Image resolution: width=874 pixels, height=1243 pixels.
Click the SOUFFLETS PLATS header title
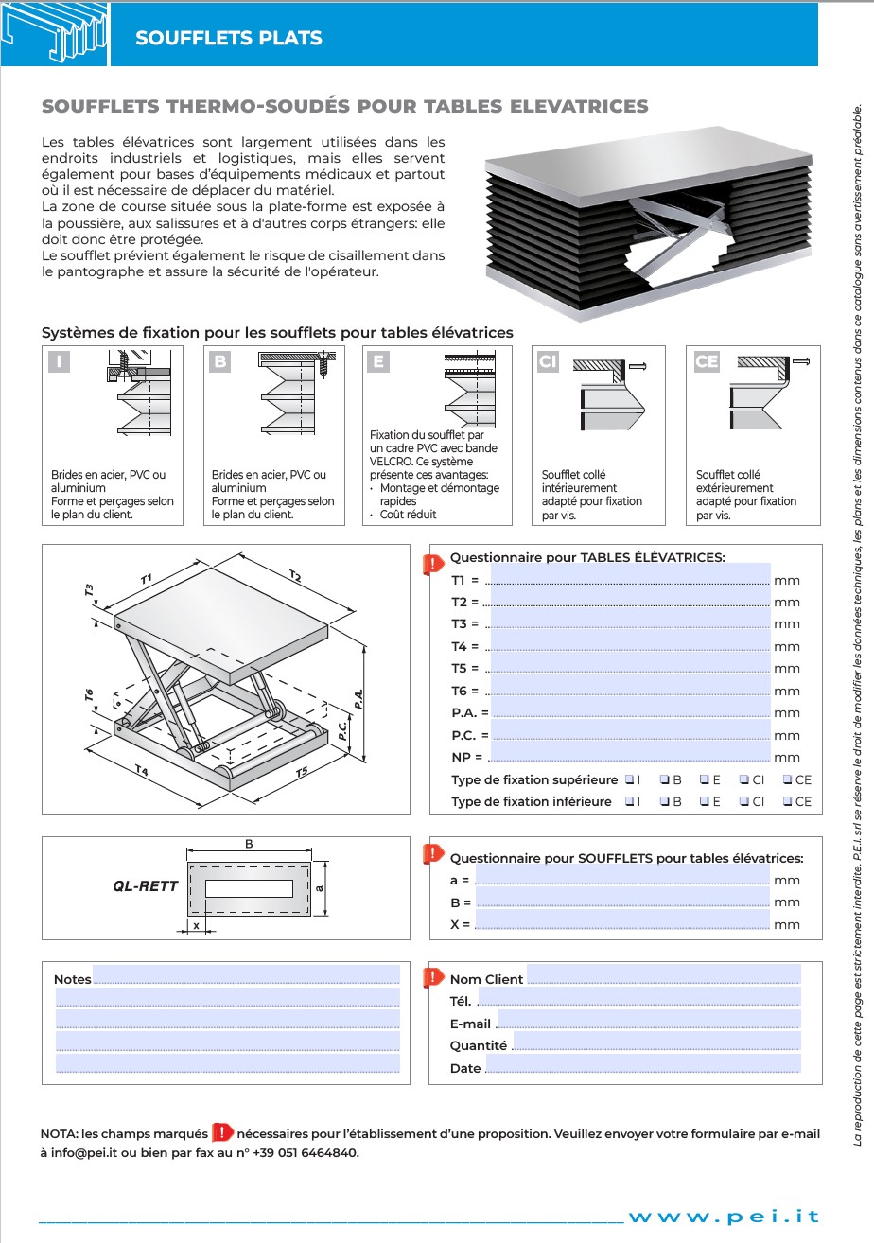point(229,38)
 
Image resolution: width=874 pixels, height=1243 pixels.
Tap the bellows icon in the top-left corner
point(54,35)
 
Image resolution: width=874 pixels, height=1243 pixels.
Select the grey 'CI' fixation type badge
point(549,362)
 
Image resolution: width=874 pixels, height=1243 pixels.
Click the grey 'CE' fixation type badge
point(707,361)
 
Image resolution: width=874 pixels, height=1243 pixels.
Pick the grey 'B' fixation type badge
point(219,361)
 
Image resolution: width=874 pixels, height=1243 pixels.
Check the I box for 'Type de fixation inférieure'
point(630,801)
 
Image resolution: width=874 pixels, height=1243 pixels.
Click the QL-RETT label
point(145,886)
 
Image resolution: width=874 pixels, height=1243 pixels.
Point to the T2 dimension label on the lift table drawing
point(295,576)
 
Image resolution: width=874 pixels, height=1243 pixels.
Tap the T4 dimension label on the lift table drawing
point(141,771)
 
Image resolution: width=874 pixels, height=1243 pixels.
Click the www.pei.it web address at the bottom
point(724,1217)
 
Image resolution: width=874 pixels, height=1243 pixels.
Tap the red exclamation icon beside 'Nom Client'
point(433,977)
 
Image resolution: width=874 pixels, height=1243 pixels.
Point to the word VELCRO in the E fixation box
point(388,462)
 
